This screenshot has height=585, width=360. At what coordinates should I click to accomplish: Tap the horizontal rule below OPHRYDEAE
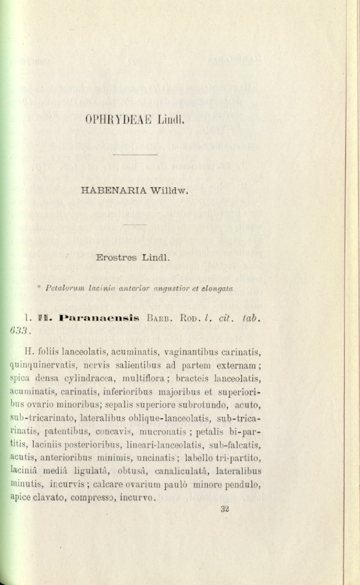coord(135,155)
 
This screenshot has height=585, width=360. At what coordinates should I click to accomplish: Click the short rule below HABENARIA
coord(135,224)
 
